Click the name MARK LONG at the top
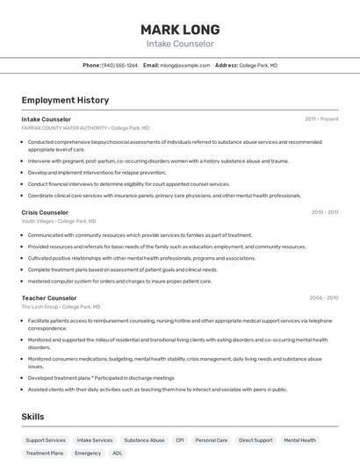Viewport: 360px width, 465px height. tap(180, 29)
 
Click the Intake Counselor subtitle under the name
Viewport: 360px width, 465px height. tap(180, 44)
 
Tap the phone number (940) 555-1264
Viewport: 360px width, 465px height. tap(120, 66)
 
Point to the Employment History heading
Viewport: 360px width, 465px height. tap(65, 100)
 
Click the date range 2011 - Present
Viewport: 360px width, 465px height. tap(321, 119)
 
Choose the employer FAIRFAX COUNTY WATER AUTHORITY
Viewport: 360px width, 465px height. tap(64, 127)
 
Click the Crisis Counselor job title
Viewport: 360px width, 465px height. tap(45, 212)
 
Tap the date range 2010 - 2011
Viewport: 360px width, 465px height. tap(324, 212)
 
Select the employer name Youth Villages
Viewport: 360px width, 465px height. tap(39, 221)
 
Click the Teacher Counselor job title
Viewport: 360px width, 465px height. tap(49, 297)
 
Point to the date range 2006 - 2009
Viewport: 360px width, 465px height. tap(323, 297)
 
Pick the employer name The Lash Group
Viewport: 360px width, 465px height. tap(40, 306)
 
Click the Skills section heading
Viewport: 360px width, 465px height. tap(32, 417)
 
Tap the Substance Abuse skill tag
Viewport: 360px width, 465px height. tap(144, 440)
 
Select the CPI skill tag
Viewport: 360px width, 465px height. tap(179, 440)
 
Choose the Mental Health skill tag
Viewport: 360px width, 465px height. tap(299, 440)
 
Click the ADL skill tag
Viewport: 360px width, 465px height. tap(118, 454)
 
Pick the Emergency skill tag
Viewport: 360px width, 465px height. tap(88, 454)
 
